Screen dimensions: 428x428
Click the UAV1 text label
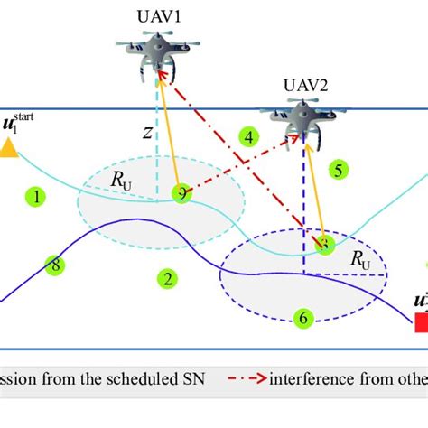point(159,17)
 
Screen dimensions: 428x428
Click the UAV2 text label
point(305,86)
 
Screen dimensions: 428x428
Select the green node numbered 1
point(36,196)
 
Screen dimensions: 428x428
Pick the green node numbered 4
point(249,137)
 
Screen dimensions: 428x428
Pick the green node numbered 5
point(337,169)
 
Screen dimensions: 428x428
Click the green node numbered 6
point(303,317)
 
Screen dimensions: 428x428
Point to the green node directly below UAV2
point(325,244)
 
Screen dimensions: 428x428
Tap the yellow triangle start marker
point(10,148)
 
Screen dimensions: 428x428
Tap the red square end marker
point(420,322)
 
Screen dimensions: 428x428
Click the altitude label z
point(146,134)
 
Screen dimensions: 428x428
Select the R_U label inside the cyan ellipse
point(120,181)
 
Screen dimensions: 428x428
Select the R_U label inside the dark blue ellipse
point(359,261)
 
